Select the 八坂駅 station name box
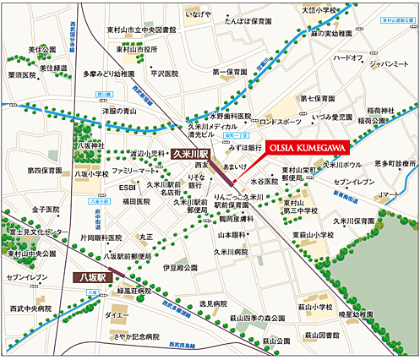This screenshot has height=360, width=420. pos(85,275)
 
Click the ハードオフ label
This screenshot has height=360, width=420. pos(348,58)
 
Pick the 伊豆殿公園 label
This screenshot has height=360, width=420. pos(178,266)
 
